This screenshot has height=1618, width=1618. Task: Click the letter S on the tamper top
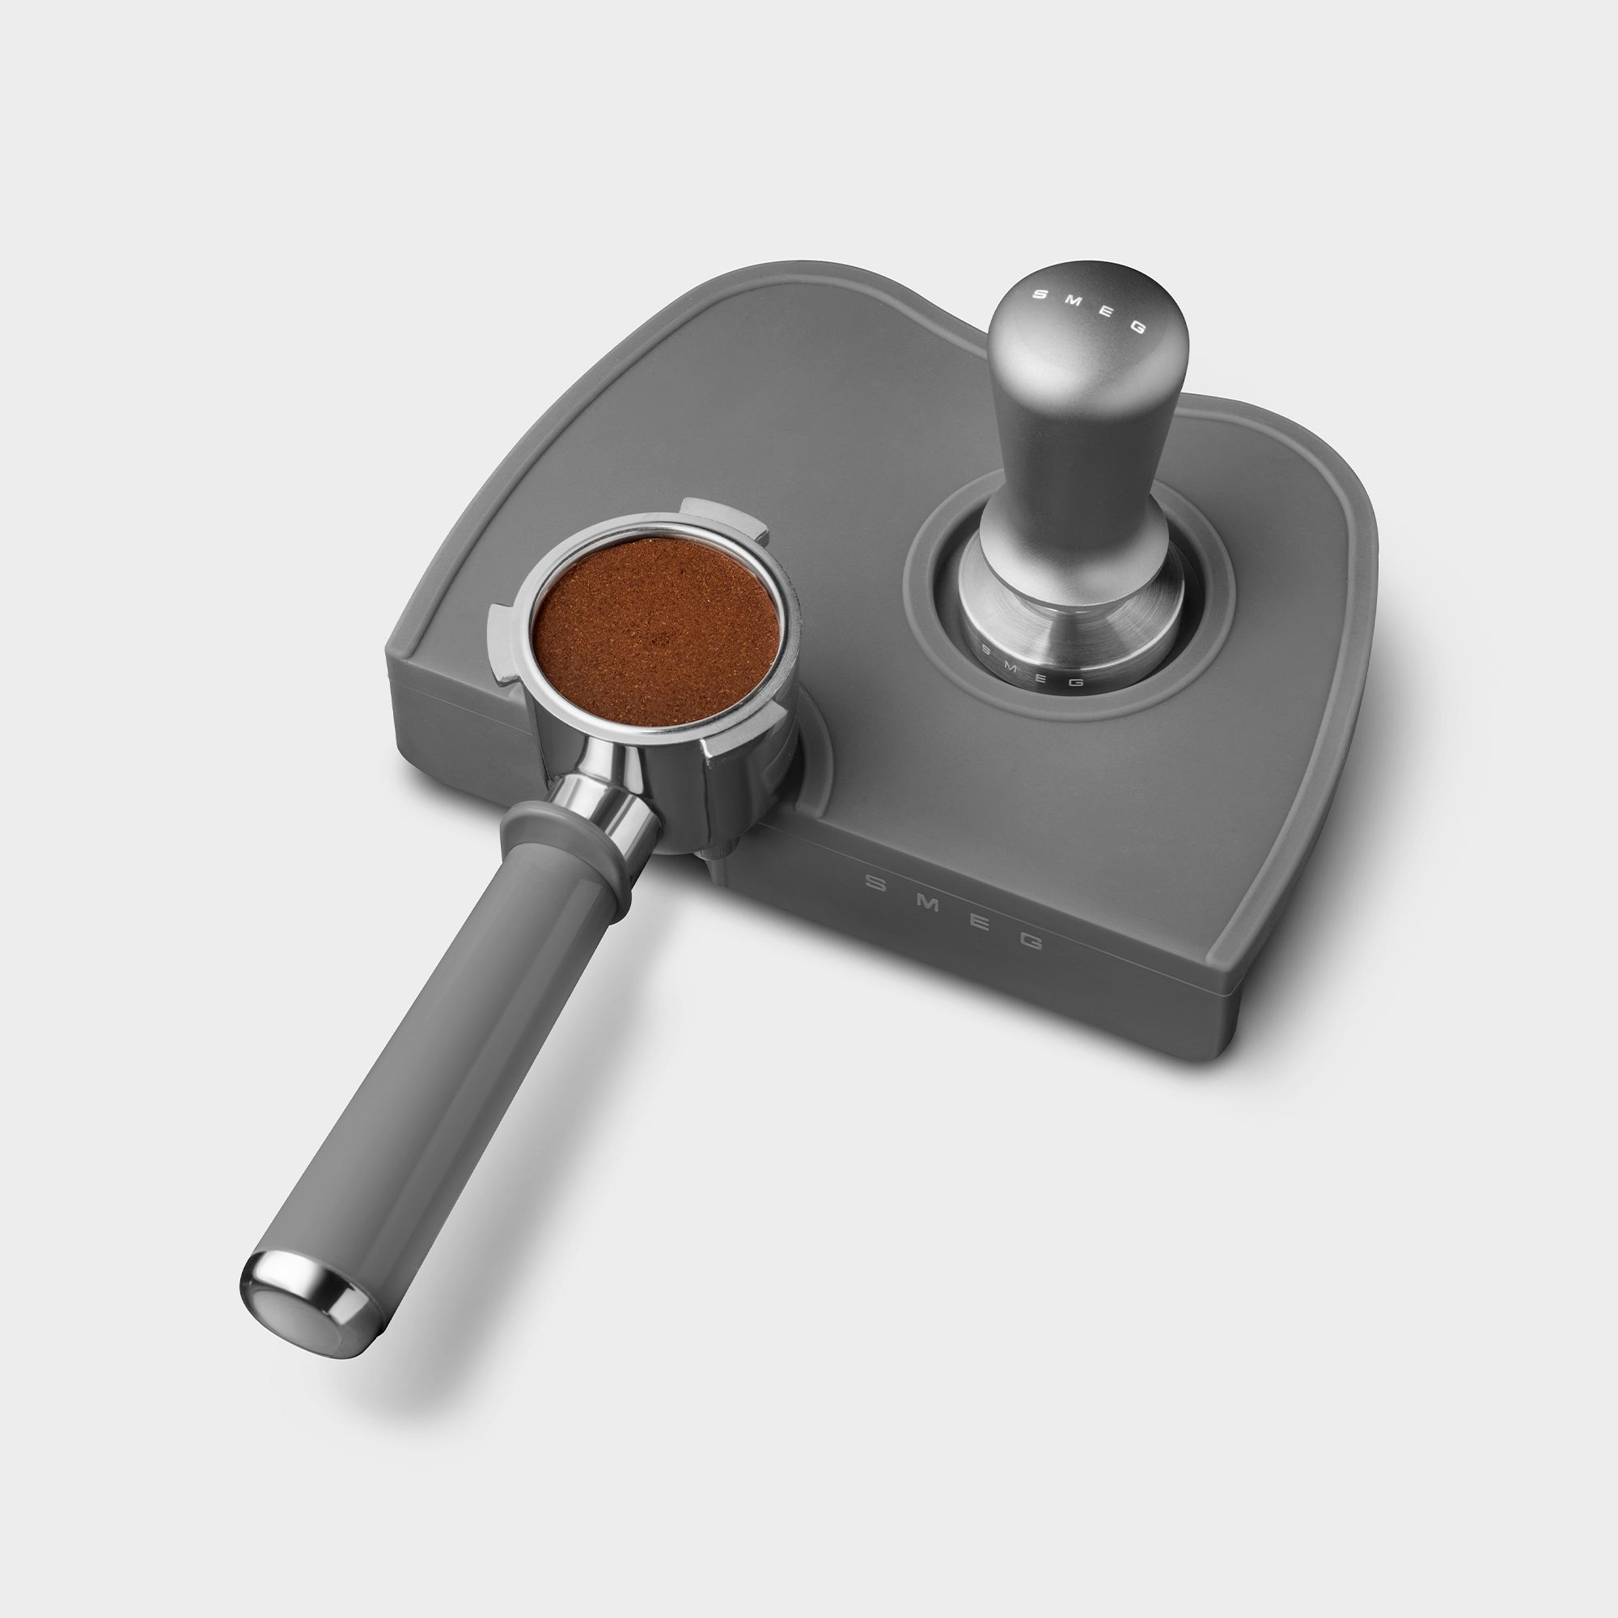[1040, 294]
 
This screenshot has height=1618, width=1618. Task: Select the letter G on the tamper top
[1137, 327]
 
